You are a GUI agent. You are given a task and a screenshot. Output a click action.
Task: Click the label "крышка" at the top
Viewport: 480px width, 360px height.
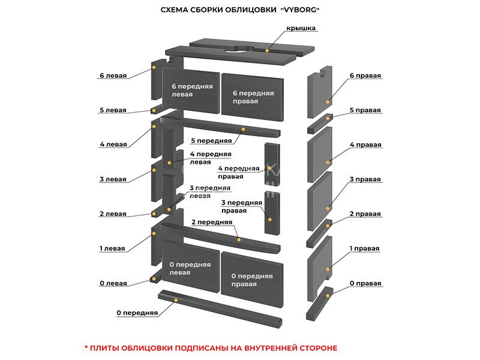[301, 28]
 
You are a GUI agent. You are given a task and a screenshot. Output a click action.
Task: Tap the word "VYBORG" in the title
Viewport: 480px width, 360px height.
[302, 10]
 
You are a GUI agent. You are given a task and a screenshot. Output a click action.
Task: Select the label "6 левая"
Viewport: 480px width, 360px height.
[113, 76]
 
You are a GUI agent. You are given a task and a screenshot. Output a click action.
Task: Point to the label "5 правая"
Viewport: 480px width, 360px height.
[365, 110]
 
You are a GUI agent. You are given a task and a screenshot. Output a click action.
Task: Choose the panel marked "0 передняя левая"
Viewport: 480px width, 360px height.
[188, 268]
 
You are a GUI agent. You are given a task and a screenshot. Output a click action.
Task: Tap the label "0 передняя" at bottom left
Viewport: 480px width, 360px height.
[137, 313]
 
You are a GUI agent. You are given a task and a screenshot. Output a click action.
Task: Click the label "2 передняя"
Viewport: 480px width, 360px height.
[212, 222]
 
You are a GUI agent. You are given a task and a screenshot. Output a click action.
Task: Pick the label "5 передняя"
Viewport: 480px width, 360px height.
[211, 140]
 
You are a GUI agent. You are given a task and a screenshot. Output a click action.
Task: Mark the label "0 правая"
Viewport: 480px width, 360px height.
[365, 283]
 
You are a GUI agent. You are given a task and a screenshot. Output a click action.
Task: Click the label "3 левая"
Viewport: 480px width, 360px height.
[113, 179]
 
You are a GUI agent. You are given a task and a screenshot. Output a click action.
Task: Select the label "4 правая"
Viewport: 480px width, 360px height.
[365, 145]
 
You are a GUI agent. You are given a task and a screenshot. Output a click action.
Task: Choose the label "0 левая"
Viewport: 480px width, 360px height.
[113, 283]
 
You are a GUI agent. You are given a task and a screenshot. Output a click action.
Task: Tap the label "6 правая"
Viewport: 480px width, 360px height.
[365, 76]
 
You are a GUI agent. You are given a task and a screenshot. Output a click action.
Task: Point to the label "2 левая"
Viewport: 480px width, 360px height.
[113, 214]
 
